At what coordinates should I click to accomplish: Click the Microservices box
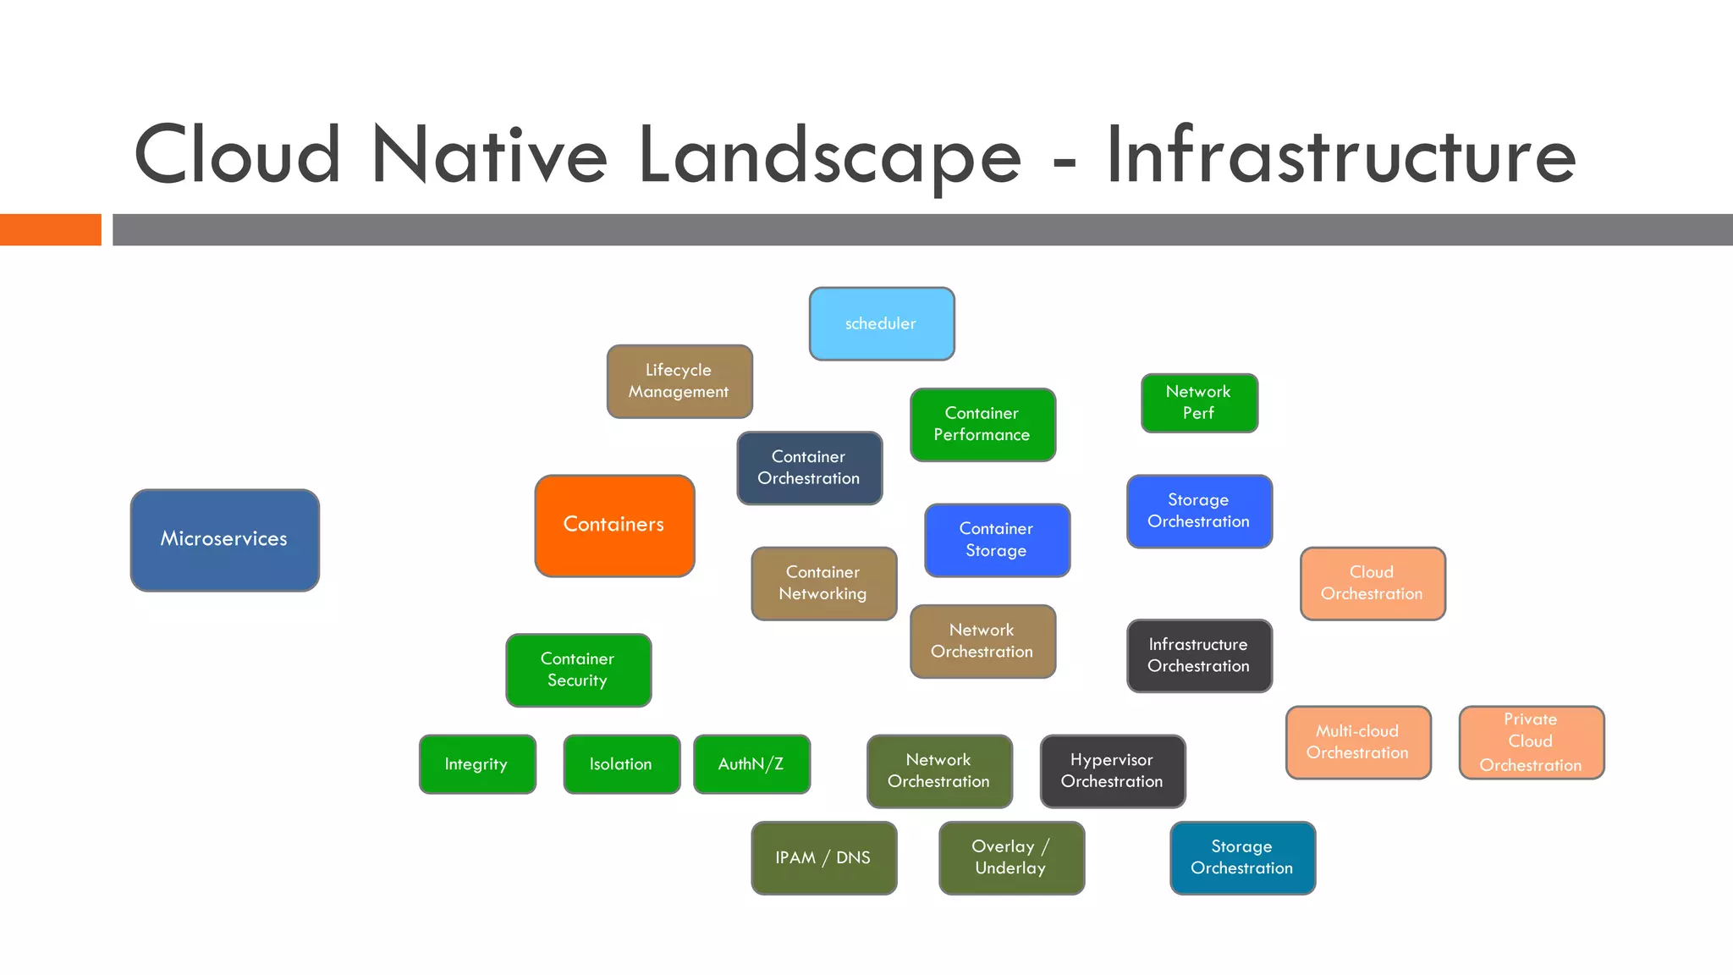click(x=225, y=540)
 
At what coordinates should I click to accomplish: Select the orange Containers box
click(x=614, y=526)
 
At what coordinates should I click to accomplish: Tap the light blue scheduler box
click(x=882, y=324)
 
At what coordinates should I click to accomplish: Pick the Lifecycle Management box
click(x=679, y=382)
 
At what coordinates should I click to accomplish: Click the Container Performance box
click(x=982, y=425)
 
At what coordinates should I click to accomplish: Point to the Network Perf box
click(x=1199, y=403)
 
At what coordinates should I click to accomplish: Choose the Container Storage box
click(x=997, y=540)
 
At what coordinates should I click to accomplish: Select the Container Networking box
click(x=823, y=584)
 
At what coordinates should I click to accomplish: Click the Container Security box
click(x=578, y=670)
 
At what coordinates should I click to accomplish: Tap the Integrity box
click(x=477, y=764)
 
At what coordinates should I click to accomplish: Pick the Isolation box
click(x=621, y=764)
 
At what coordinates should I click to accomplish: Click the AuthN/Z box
click(x=751, y=764)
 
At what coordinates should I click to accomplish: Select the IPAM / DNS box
click(x=823, y=858)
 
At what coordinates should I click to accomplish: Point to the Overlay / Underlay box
click(x=1011, y=858)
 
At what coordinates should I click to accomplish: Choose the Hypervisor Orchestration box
click(x=1112, y=771)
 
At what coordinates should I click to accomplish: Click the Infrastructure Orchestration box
click(x=1199, y=656)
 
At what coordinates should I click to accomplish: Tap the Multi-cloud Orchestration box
click(x=1358, y=742)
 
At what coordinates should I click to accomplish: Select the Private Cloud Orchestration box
click(x=1532, y=742)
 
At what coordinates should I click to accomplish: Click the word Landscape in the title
click(x=829, y=157)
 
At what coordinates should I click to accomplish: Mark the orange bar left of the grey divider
click(x=51, y=230)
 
